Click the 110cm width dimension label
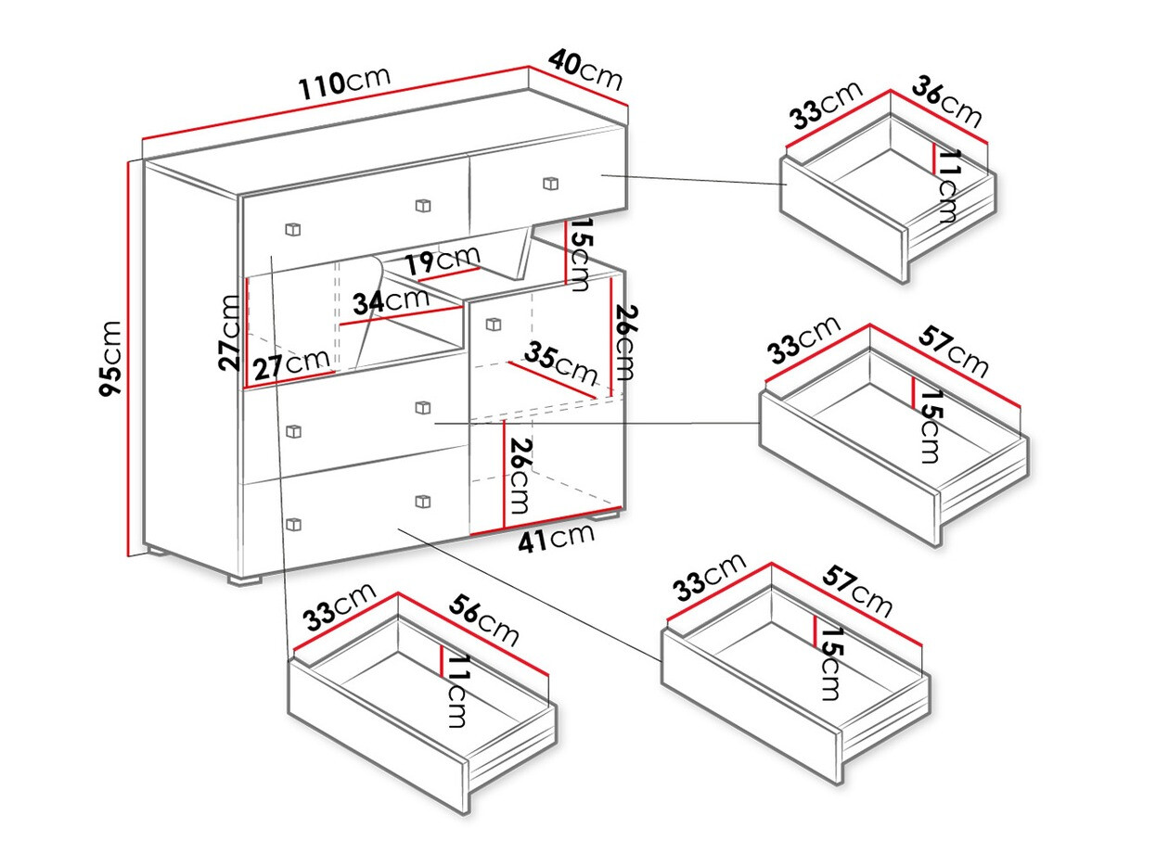[x=344, y=83]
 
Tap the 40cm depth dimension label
[x=585, y=69]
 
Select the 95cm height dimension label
[x=111, y=358]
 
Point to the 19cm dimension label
[x=443, y=261]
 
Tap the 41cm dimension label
[x=556, y=538]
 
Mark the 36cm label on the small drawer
[x=947, y=102]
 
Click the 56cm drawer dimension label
[x=484, y=620]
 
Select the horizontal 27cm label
[x=291, y=364]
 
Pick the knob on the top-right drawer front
[x=550, y=183]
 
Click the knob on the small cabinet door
[x=493, y=325]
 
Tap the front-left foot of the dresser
[x=246, y=580]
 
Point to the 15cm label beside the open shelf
[x=577, y=255]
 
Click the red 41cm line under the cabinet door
[x=547, y=521]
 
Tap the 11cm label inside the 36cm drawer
[x=948, y=186]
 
